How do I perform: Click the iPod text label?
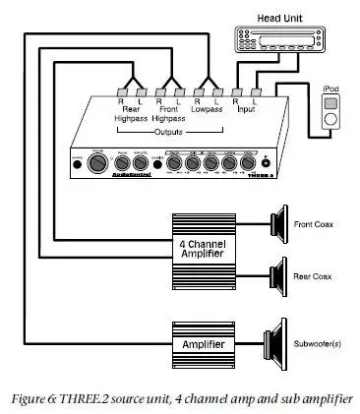pyautogui.click(x=330, y=88)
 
